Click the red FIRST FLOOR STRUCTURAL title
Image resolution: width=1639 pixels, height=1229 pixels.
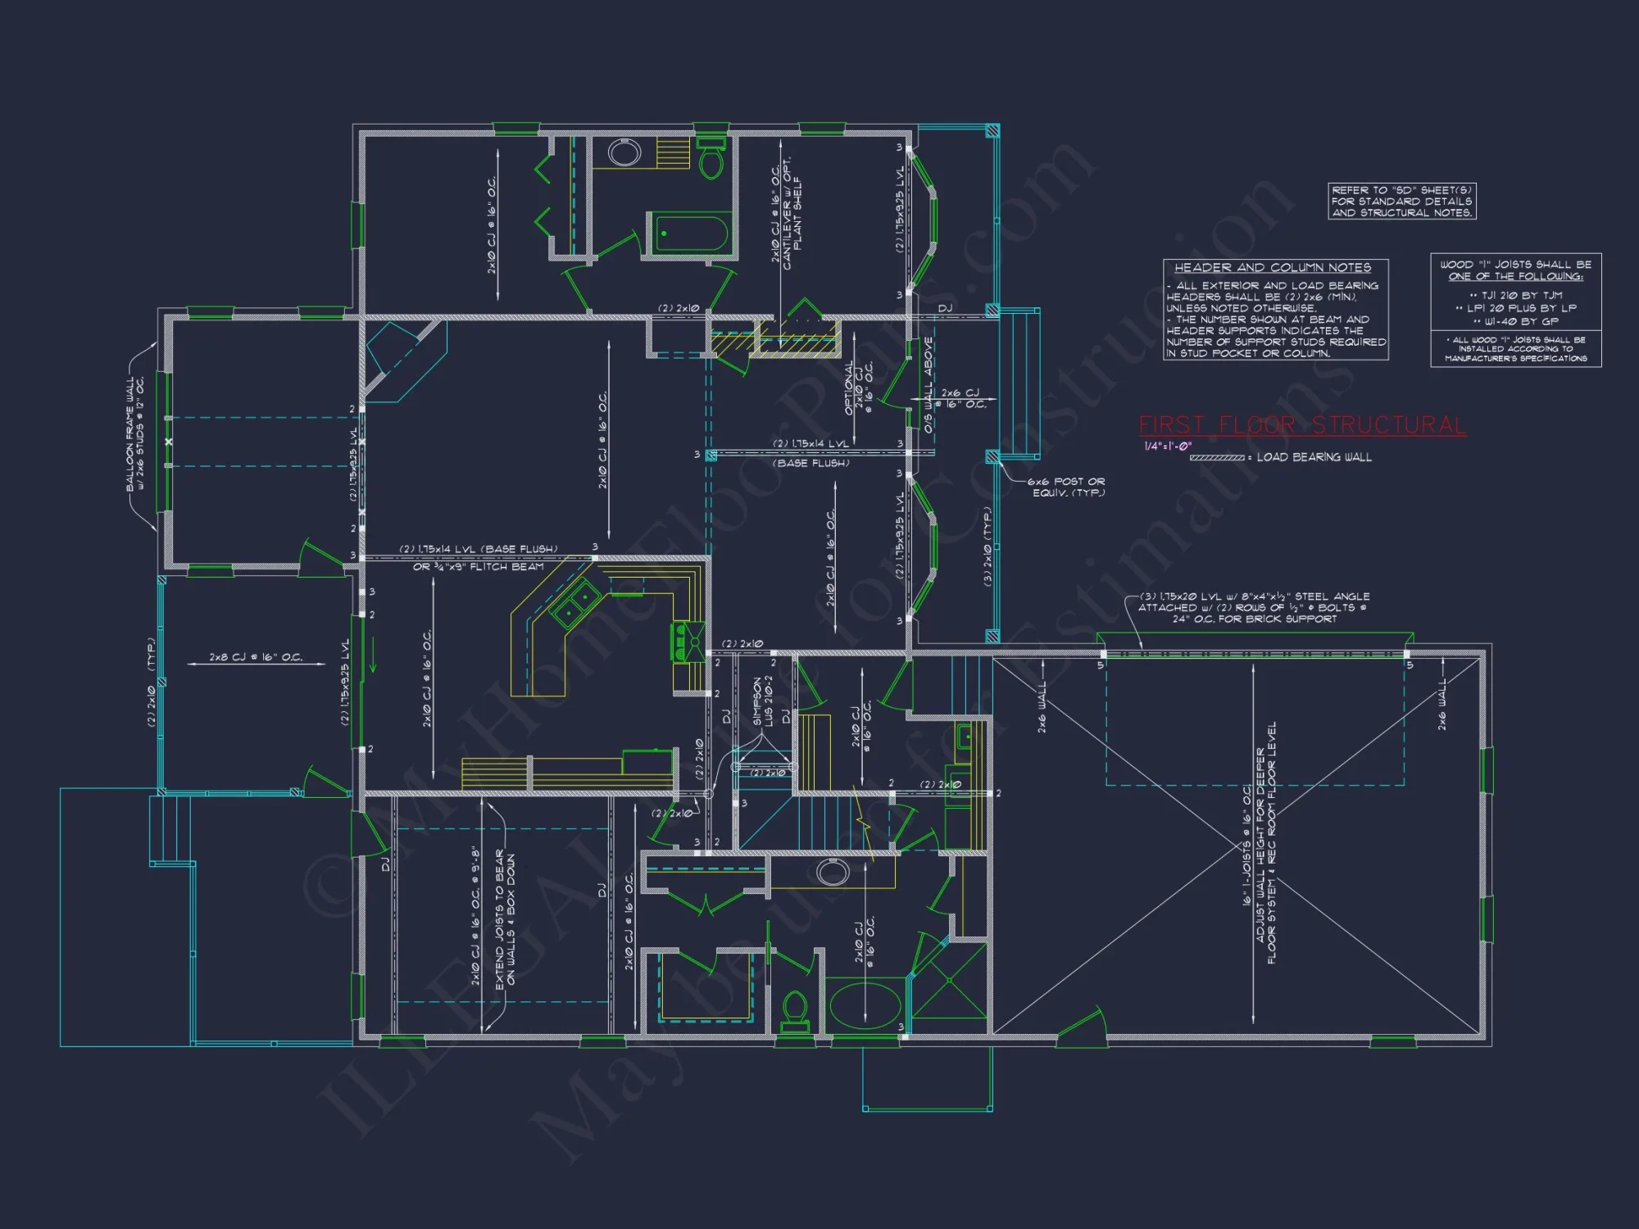(x=1301, y=425)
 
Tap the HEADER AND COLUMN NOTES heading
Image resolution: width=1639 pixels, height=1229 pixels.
(x=1272, y=268)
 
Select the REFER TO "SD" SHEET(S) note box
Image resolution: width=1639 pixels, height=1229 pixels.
(x=1401, y=202)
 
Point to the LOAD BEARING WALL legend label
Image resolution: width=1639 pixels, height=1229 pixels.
(x=1314, y=457)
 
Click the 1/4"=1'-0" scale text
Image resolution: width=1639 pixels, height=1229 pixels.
(x=1168, y=447)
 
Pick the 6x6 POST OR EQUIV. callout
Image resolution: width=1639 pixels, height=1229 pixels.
(x=1068, y=488)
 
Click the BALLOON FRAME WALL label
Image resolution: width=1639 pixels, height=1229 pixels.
(x=134, y=434)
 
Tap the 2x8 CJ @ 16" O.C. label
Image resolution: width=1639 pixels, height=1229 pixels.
(x=256, y=657)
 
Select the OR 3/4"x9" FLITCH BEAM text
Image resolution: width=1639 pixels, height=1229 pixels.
(x=479, y=567)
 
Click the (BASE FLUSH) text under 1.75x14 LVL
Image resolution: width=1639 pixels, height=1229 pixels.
(x=811, y=463)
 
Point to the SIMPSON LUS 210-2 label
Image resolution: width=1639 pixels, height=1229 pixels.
(x=762, y=701)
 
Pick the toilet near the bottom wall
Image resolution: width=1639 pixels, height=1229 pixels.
(x=795, y=1011)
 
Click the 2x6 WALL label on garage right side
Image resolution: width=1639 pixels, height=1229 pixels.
(x=1442, y=705)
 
